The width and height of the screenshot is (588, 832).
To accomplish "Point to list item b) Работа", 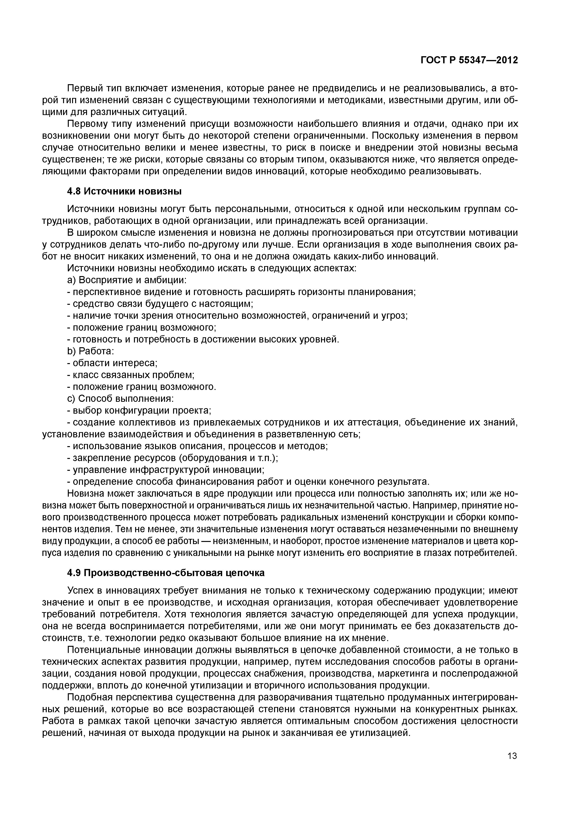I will pyautogui.click(x=91, y=351).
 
